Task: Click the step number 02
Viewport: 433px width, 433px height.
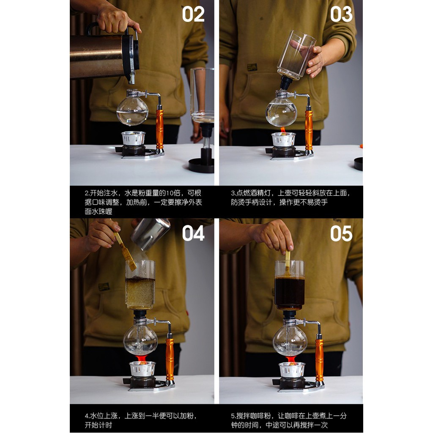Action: pos(193,14)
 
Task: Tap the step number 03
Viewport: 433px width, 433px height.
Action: pos(341,14)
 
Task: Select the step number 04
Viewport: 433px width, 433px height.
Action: pos(193,233)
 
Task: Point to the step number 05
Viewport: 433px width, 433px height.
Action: pos(341,233)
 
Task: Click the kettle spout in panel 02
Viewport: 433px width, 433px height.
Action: pos(132,78)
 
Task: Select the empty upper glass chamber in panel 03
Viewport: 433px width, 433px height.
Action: pos(296,55)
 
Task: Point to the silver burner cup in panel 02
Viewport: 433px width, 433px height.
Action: pos(133,138)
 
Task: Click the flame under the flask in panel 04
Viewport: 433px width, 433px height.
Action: pos(142,359)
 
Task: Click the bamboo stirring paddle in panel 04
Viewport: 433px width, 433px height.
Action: pos(125,251)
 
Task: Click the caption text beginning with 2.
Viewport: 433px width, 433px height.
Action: pos(143,202)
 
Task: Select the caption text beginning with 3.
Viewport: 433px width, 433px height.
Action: pos(290,197)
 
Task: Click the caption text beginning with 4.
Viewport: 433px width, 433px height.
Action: pos(141,420)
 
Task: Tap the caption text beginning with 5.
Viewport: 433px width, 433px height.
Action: pos(289,420)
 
